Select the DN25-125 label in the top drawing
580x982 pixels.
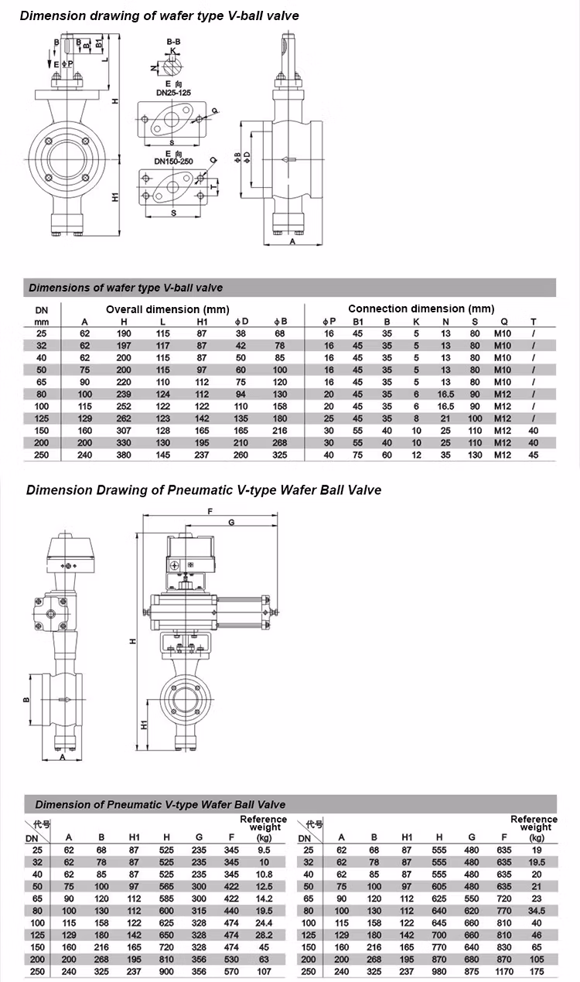173,92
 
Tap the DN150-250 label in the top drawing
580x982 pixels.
173,161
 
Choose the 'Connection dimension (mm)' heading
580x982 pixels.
421,309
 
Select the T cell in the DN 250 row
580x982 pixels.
533,455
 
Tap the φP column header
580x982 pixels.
329,321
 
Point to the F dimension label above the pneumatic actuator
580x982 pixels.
210,511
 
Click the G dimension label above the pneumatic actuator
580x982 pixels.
232,523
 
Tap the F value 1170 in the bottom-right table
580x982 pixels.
504,971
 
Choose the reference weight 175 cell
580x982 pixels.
537,971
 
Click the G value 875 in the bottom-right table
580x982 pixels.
472,971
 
